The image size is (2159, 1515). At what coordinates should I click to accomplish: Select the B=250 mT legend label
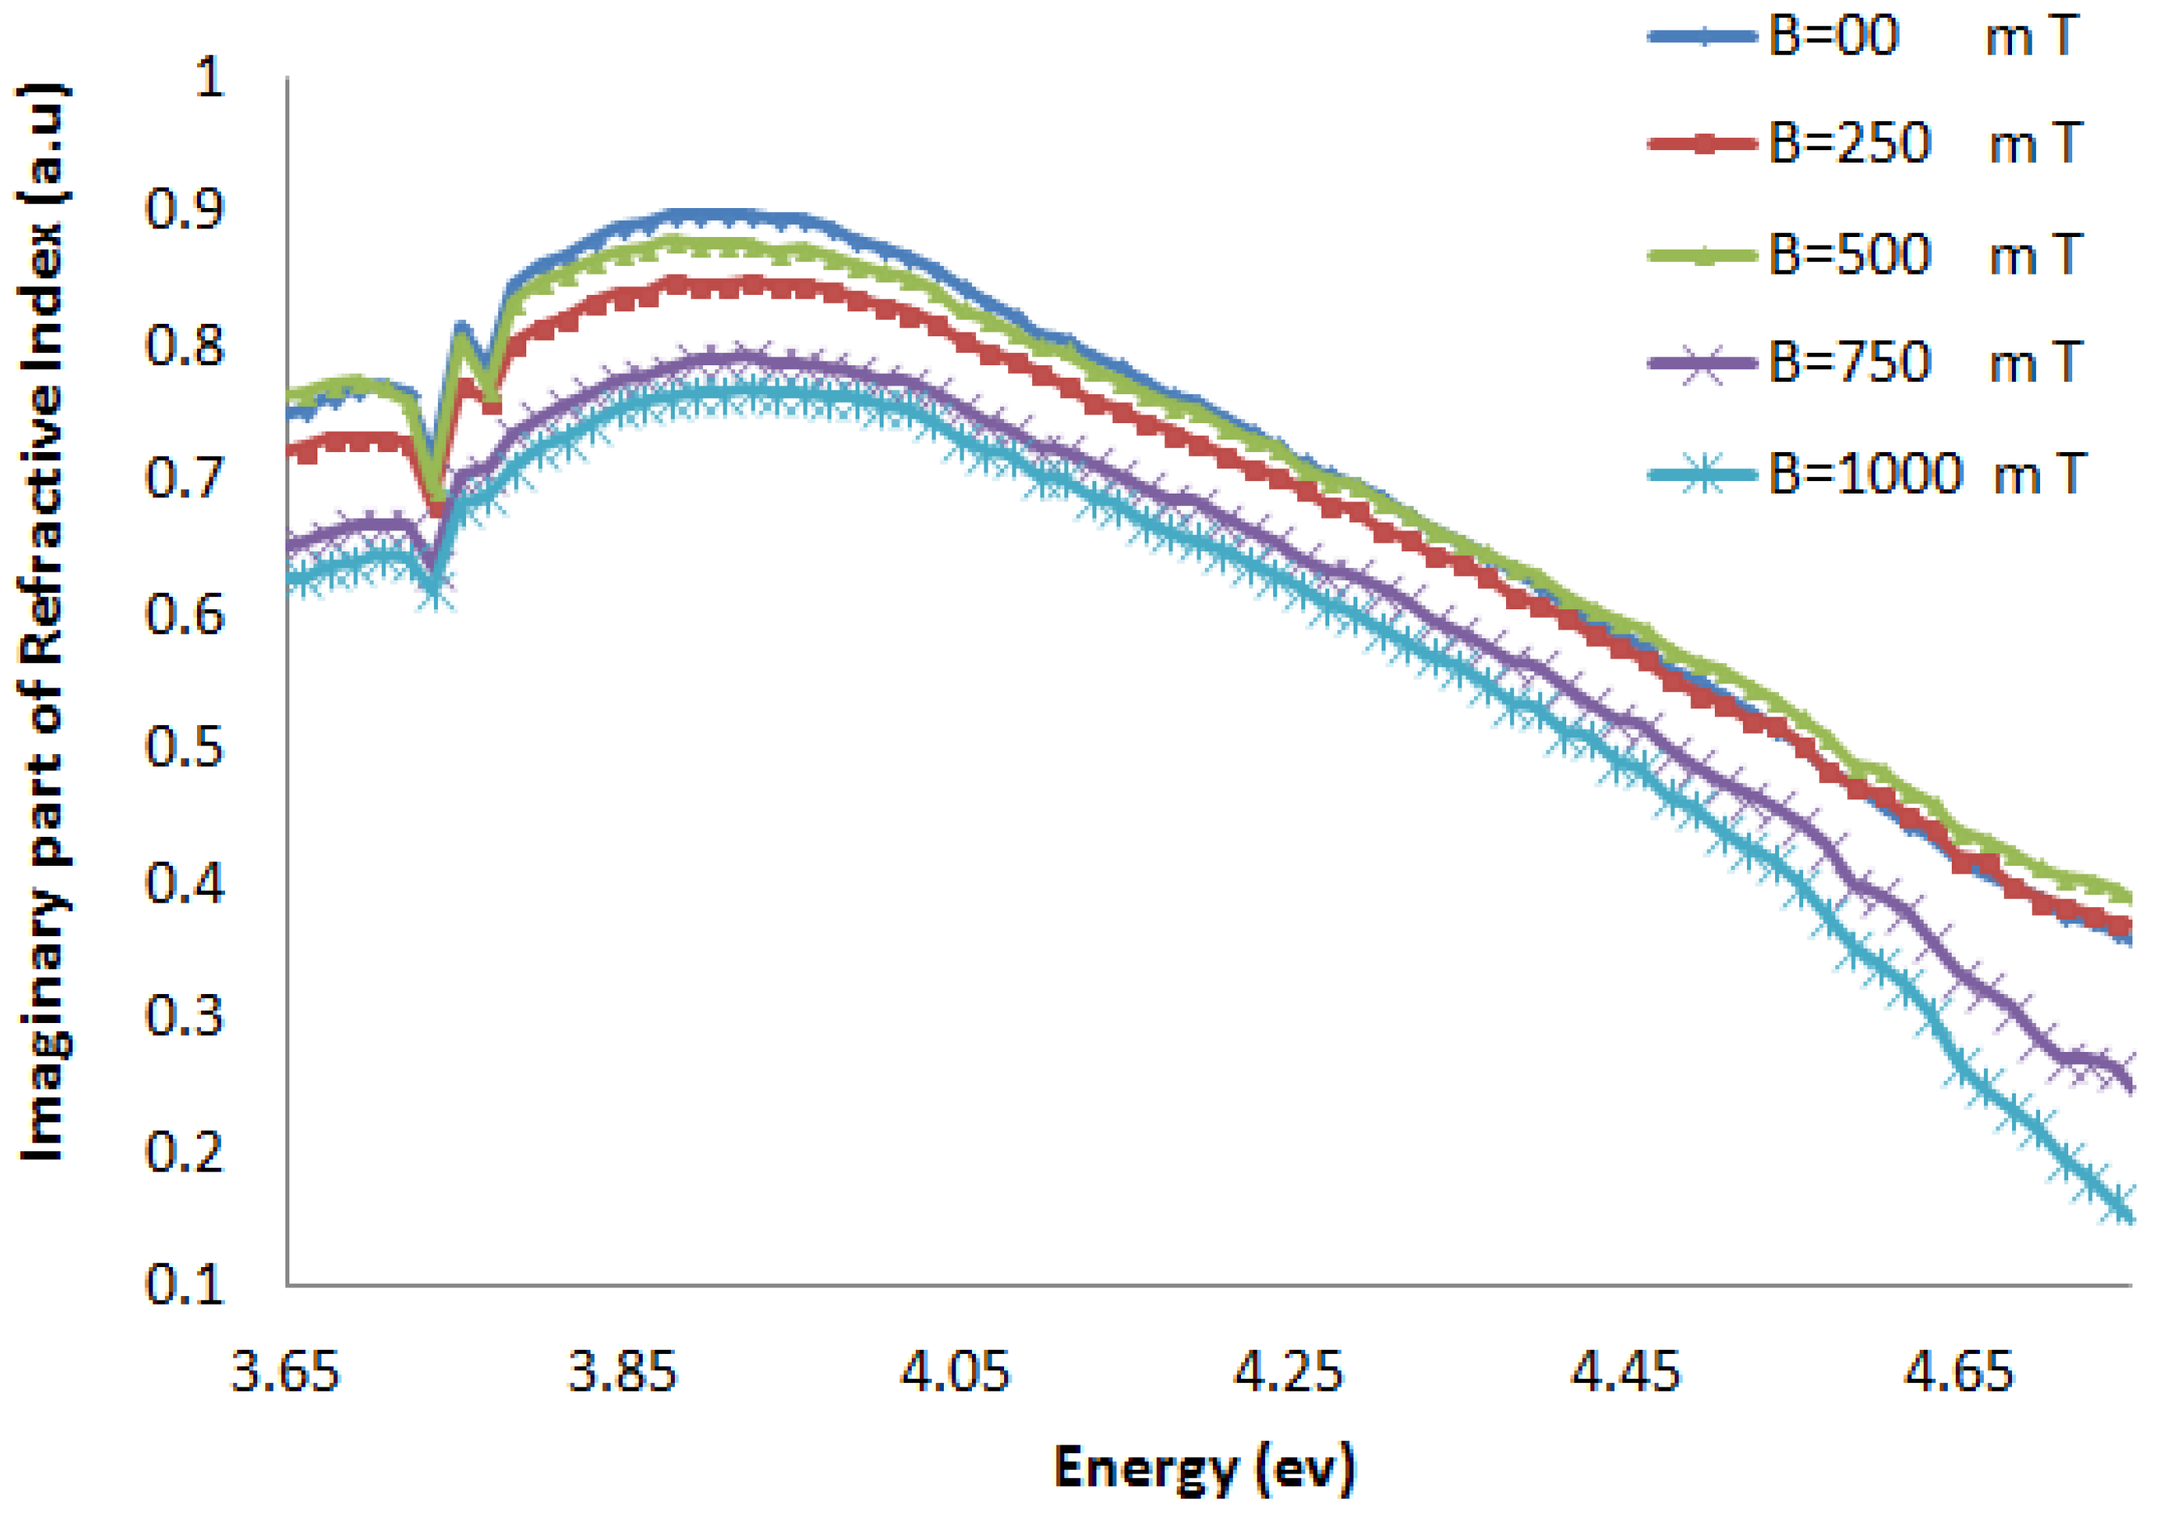point(1922,144)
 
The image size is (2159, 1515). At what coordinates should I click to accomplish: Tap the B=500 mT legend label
point(1922,254)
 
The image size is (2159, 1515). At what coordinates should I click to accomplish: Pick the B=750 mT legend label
point(1922,363)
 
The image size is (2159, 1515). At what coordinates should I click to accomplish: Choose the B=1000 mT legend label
point(1928,473)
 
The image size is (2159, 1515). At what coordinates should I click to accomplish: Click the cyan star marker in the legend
point(1702,474)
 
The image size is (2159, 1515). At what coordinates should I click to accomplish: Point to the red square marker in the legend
point(1702,145)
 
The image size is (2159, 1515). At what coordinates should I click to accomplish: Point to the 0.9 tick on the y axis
point(185,209)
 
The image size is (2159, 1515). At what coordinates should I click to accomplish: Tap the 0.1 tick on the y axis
point(185,1283)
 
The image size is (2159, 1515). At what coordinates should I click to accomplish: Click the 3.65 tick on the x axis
point(285,1372)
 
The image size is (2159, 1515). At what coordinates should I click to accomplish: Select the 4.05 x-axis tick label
point(956,1372)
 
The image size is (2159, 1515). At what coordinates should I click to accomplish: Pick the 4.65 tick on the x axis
point(1959,1372)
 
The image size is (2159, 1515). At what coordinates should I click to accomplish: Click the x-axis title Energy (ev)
point(1204,1468)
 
